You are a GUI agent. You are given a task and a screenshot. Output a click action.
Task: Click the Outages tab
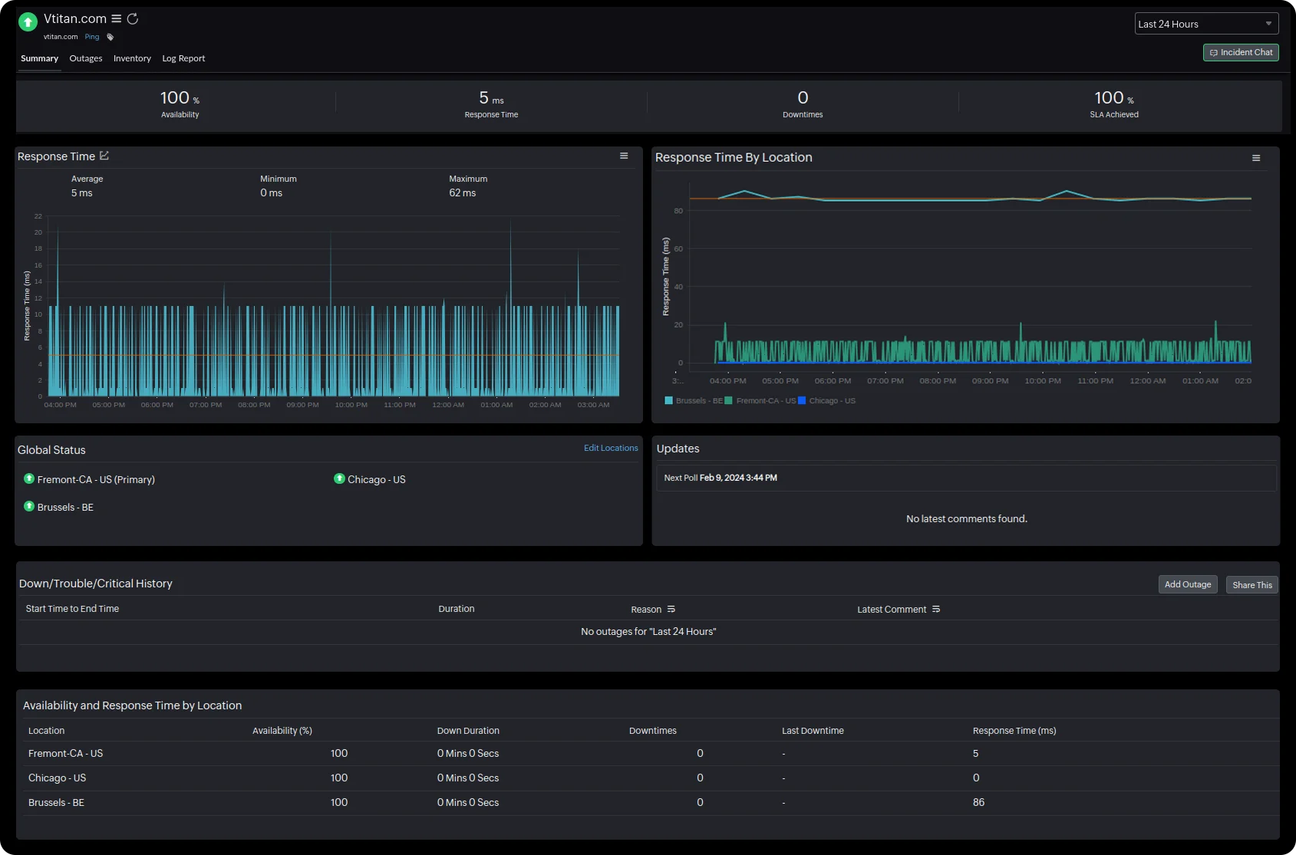coord(85,58)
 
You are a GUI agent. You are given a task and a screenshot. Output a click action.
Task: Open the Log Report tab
coord(183,58)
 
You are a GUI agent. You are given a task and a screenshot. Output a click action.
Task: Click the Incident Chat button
coord(1241,52)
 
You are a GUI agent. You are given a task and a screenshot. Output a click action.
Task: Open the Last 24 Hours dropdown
coord(1206,24)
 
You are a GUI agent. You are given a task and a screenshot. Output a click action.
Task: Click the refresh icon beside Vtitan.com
coord(133,18)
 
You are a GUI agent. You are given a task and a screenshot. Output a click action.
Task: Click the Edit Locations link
coord(611,448)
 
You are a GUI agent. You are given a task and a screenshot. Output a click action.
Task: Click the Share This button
coord(1251,585)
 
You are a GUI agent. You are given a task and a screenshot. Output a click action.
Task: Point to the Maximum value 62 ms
coord(463,193)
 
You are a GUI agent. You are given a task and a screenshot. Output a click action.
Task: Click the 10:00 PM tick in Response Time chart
coord(351,405)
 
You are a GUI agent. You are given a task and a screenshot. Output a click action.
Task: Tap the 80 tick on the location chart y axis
coord(678,211)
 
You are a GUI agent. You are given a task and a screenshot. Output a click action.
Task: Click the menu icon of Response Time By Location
coord(1256,158)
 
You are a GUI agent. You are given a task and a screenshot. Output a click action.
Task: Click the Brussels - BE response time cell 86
coord(978,802)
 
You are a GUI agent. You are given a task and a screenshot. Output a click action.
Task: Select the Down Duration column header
coord(468,731)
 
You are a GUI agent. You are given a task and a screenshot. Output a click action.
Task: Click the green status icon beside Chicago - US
coord(339,478)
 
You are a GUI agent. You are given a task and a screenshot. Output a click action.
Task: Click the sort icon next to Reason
coord(671,609)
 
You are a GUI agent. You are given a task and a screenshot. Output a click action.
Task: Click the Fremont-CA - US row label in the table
coord(65,753)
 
